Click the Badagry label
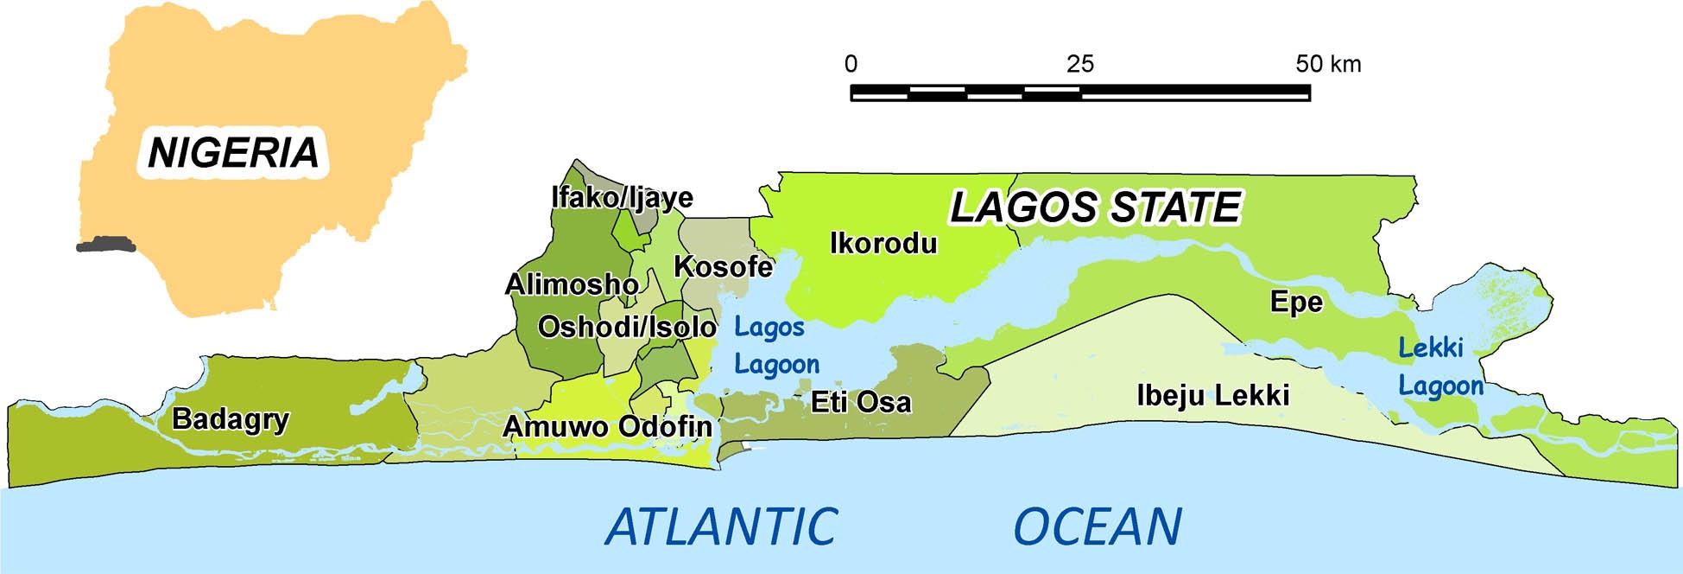click(231, 419)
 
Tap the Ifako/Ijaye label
click(622, 198)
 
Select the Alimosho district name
click(572, 284)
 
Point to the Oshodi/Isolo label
click(627, 327)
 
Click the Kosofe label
click(723, 266)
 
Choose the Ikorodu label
click(883, 244)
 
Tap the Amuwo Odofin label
click(607, 426)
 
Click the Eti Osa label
click(860, 402)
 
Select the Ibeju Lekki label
click(1212, 396)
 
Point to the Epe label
click(1296, 302)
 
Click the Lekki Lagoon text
click(1439, 367)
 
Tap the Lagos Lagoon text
click(775, 346)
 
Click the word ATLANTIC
click(721, 526)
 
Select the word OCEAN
click(1097, 526)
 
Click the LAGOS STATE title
click(1095, 207)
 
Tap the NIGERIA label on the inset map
click(233, 153)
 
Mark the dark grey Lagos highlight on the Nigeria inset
click(105, 246)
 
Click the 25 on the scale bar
click(1079, 64)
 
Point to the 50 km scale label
click(1327, 64)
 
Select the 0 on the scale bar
click(851, 64)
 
